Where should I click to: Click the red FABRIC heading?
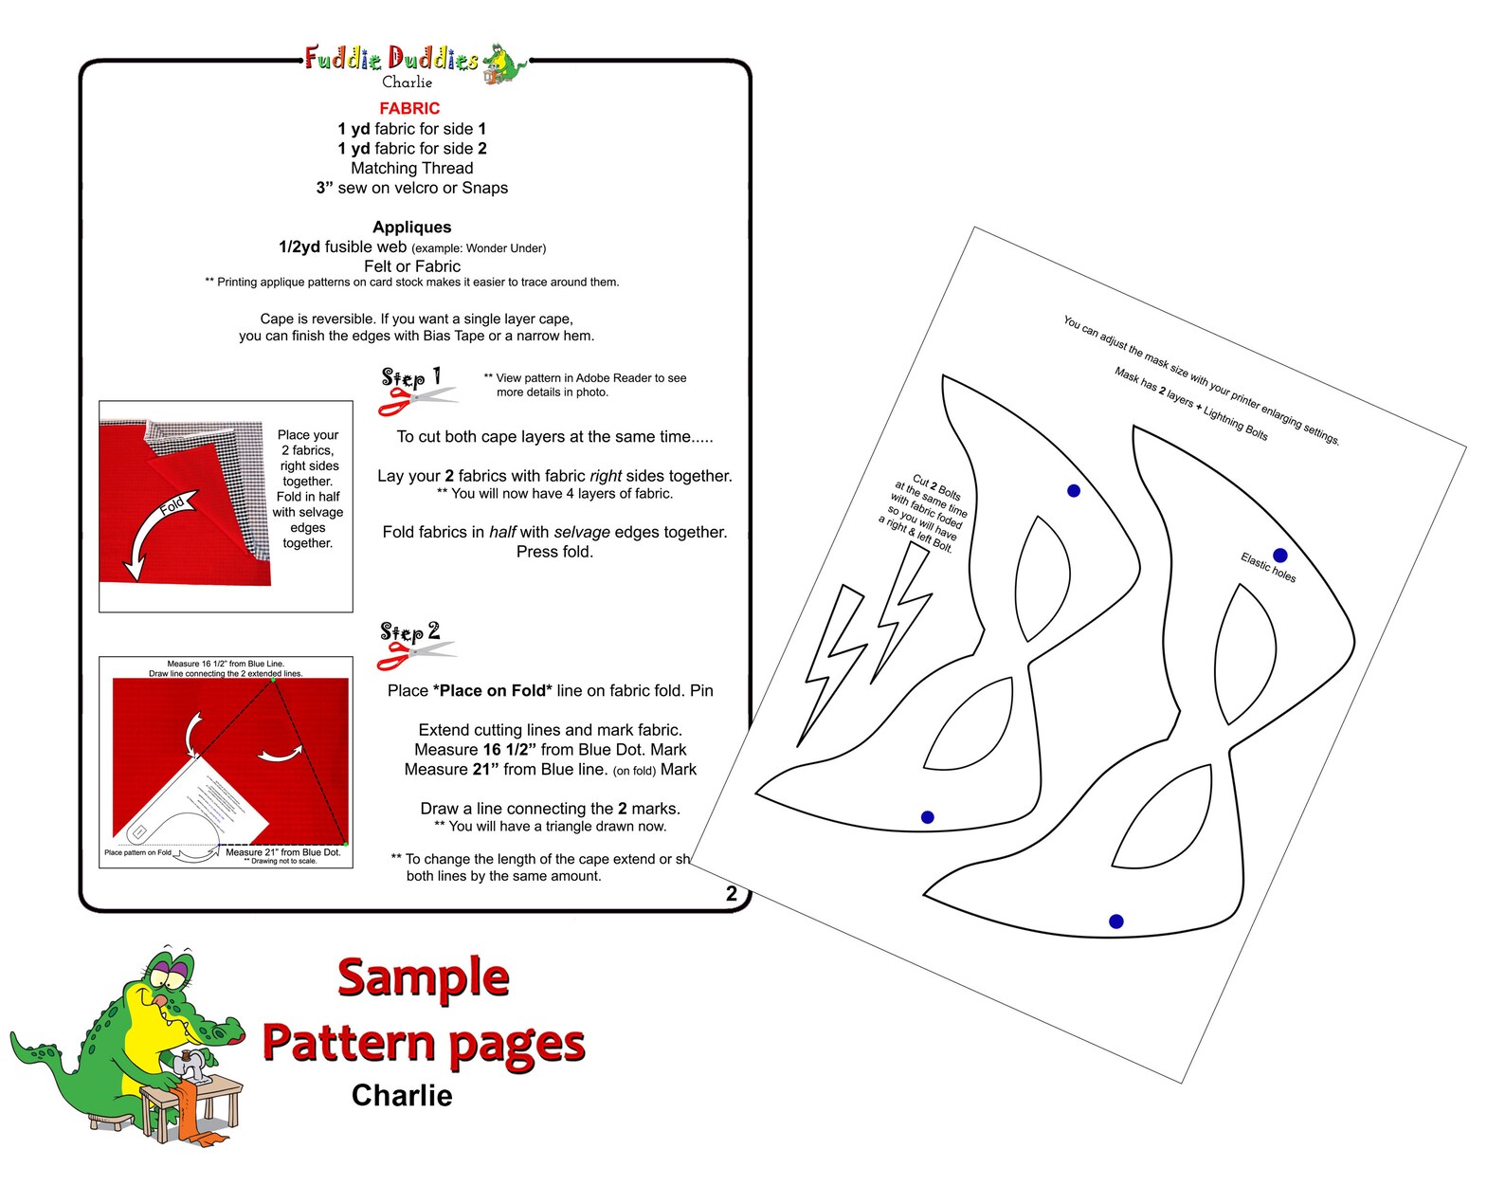point(409,108)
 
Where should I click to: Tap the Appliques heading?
point(411,227)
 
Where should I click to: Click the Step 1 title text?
point(411,377)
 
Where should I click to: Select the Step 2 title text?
point(410,631)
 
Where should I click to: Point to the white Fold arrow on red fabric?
point(157,530)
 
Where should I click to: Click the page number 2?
point(731,893)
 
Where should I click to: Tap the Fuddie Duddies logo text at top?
point(391,59)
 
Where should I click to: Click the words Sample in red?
point(423,977)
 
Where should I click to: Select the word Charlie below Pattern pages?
point(402,1095)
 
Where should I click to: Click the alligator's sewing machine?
point(195,1065)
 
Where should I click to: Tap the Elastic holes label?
point(1267,567)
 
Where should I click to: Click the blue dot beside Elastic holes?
point(1279,556)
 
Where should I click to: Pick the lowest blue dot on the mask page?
point(1115,921)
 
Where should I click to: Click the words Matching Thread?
point(411,168)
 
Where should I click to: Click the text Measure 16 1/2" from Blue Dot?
point(550,749)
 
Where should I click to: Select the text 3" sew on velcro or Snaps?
point(411,188)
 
